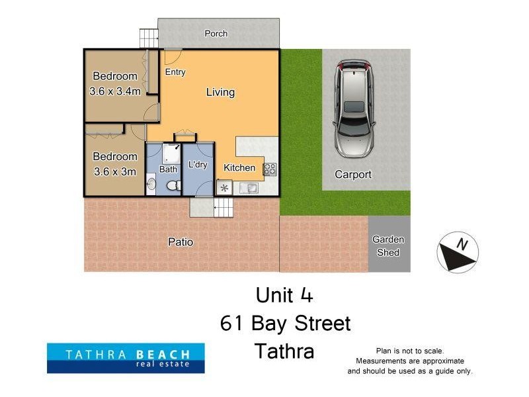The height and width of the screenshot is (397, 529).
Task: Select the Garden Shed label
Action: [x=387, y=245]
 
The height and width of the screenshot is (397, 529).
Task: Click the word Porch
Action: [x=216, y=34]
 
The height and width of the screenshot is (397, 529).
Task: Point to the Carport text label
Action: [x=353, y=175]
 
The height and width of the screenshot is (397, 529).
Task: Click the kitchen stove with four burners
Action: [x=270, y=169]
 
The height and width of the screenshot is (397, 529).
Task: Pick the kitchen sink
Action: [x=249, y=188]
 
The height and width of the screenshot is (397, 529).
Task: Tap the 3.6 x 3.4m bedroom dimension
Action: [x=115, y=91]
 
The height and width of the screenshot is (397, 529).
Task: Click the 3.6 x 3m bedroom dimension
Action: [x=115, y=172]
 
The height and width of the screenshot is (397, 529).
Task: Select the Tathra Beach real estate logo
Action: [x=126, y=357]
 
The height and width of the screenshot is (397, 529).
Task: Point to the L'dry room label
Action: [x=198, y=165]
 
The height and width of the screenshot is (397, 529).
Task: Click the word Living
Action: [x=220, y=92]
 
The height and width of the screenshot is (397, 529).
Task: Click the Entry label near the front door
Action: [x=175, y=72]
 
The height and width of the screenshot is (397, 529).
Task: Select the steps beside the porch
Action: [x=149, y=38]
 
